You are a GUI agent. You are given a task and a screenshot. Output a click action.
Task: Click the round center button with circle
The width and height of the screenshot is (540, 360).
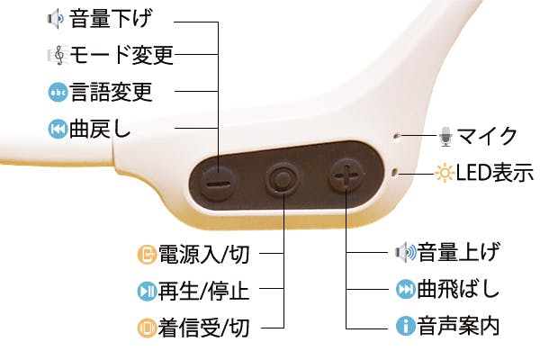283,179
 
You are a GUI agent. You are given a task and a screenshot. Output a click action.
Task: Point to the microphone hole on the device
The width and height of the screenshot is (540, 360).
396,136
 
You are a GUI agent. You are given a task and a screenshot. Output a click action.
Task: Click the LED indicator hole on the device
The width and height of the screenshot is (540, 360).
395,171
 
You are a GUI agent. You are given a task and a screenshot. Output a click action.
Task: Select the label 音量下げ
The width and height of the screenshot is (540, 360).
110,18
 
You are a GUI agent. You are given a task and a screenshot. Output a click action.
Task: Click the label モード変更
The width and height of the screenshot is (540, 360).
121,54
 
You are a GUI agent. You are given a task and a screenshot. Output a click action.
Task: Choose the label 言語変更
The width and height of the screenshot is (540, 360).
111,92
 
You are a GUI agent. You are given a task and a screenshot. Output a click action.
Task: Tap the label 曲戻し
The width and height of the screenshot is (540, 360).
100,129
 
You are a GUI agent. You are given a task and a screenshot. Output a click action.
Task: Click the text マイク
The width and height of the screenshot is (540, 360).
487,136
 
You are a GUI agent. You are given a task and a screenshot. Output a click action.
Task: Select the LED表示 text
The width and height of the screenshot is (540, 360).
494,172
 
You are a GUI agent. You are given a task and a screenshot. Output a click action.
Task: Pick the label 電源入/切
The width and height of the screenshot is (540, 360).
203,254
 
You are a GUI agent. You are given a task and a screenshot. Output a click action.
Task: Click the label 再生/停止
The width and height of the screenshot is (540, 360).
203,291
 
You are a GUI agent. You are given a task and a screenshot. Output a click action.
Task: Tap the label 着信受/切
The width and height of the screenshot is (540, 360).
203,328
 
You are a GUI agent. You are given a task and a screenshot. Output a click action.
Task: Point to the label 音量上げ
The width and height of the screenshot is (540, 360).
458,252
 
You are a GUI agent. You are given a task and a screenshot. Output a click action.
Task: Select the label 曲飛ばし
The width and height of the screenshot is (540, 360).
458,289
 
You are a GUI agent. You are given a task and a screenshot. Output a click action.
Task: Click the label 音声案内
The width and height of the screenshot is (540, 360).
458,326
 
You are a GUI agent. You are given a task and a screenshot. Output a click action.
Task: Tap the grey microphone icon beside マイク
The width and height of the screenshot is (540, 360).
446,137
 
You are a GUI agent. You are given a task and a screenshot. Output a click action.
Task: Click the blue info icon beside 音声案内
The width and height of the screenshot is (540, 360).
405,326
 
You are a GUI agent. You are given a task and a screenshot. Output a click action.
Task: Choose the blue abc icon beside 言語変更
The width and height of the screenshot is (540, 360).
58,92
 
